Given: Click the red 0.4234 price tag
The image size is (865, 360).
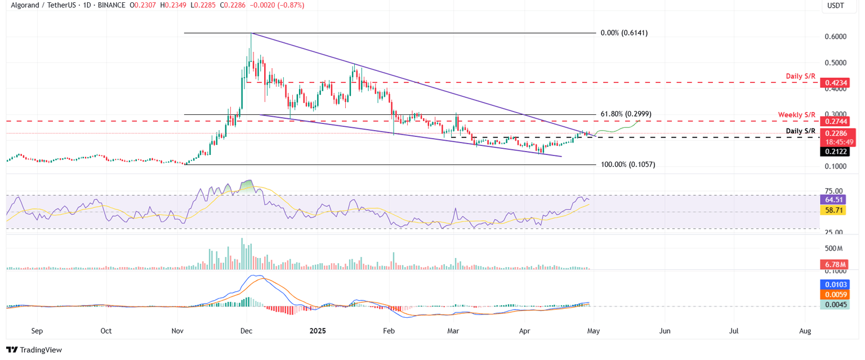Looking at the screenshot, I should (836, 83).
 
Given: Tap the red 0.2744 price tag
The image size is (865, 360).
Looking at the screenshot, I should (836, 121).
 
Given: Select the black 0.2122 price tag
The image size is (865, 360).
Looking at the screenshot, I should (836, 151).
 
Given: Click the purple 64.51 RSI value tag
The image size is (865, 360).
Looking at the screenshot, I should (836, 199).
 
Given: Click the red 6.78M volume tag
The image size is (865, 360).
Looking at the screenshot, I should (836, 264).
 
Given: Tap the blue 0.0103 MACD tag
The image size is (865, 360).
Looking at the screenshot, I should (836, 285).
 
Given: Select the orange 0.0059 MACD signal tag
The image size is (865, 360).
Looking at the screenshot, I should (836, 294).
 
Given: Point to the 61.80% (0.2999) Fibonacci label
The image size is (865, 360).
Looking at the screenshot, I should (625, 114).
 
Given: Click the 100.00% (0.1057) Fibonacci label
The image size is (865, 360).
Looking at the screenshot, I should (627, 165).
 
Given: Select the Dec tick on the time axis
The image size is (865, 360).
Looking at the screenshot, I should (246, 332).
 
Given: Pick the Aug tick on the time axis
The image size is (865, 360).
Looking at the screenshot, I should (805, 332).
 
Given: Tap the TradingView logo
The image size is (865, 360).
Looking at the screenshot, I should (34, 350).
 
